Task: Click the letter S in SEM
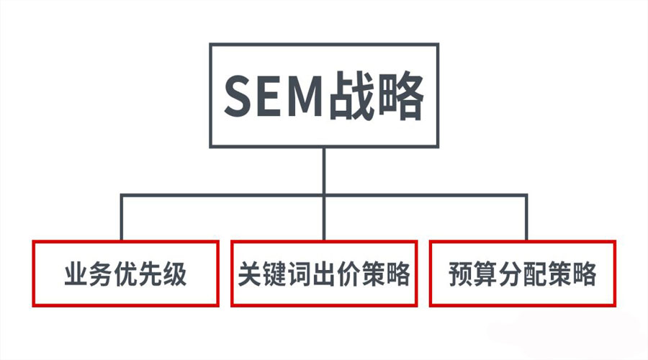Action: coord(238,96)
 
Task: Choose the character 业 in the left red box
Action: coord(76,274)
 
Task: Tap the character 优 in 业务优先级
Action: coord(125,274)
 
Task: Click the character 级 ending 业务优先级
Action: coord(174,274)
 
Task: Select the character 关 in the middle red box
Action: coord(251,274)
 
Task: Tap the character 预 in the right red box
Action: coord(461,274)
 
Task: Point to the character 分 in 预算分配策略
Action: coord(510,274)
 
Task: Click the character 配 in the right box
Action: coord(535,274)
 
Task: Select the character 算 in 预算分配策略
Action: coord(485,274)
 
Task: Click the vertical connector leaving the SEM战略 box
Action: coord(324,171)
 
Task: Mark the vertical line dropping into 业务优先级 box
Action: coord(122,217)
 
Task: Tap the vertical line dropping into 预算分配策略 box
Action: coord(526,217)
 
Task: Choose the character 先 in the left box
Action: coord(150,274)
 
